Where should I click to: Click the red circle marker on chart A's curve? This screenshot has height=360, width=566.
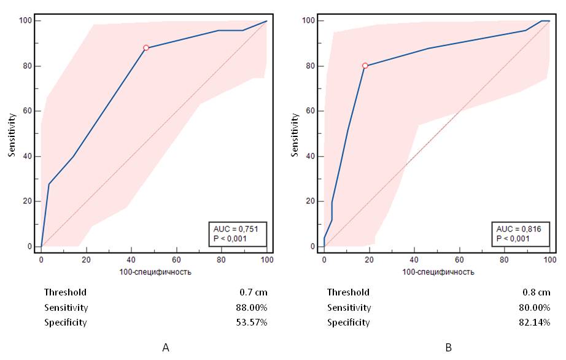click(146, 48)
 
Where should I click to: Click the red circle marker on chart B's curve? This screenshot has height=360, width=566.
click(365, 66)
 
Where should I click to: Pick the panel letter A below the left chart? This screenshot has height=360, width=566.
click(165, 348)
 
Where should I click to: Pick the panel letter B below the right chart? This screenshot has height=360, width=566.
click(448, 348)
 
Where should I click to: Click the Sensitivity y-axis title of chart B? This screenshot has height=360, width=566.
click(296, 133)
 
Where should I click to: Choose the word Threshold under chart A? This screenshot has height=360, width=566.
click(65, 292)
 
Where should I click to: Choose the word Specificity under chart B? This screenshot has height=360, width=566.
click(348, 323)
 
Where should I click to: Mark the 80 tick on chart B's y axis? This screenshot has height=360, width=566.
click(312, 66)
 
